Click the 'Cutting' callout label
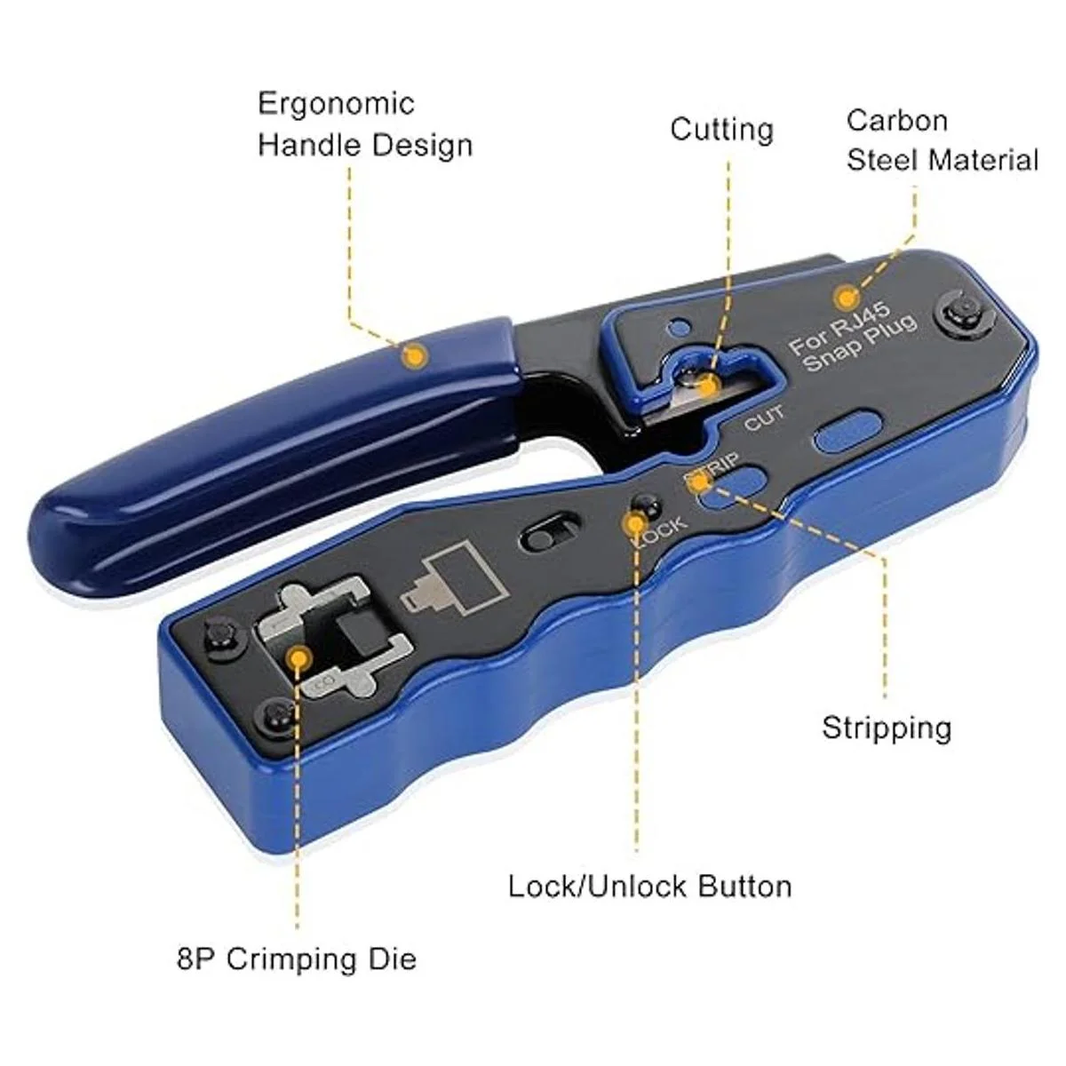pos(722,131)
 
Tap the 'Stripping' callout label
pos(887,728)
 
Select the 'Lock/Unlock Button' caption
pos(650,887)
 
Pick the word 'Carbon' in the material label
pos(897,121)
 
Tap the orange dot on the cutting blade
pos(707,386)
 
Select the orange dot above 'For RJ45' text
pos(846,298)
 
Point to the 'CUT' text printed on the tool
pos(765,418)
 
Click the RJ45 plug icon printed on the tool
pos(455,579)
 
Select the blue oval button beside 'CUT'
pos(848,430)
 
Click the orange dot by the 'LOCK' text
pos(636,523)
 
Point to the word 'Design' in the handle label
pos(422,147)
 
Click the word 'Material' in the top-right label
pos(983,161)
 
